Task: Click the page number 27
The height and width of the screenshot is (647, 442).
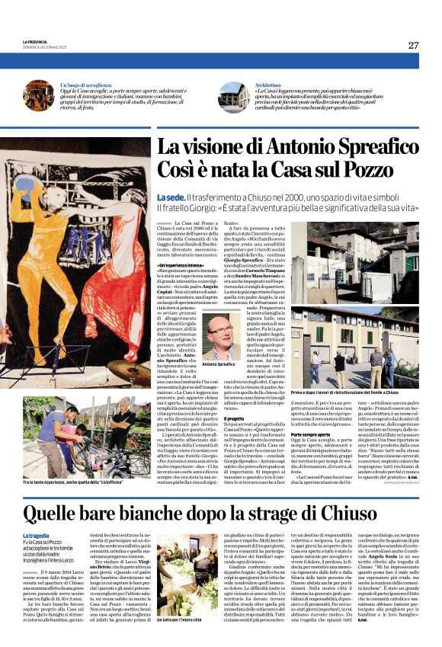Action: [x=412, y=45]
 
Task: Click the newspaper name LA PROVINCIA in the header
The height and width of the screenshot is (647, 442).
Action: [x=35, y=43]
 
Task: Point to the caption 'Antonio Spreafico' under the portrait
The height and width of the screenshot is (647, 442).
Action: [x=220, y=365]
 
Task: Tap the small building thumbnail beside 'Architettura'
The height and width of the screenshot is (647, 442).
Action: [x=232, y=97]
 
